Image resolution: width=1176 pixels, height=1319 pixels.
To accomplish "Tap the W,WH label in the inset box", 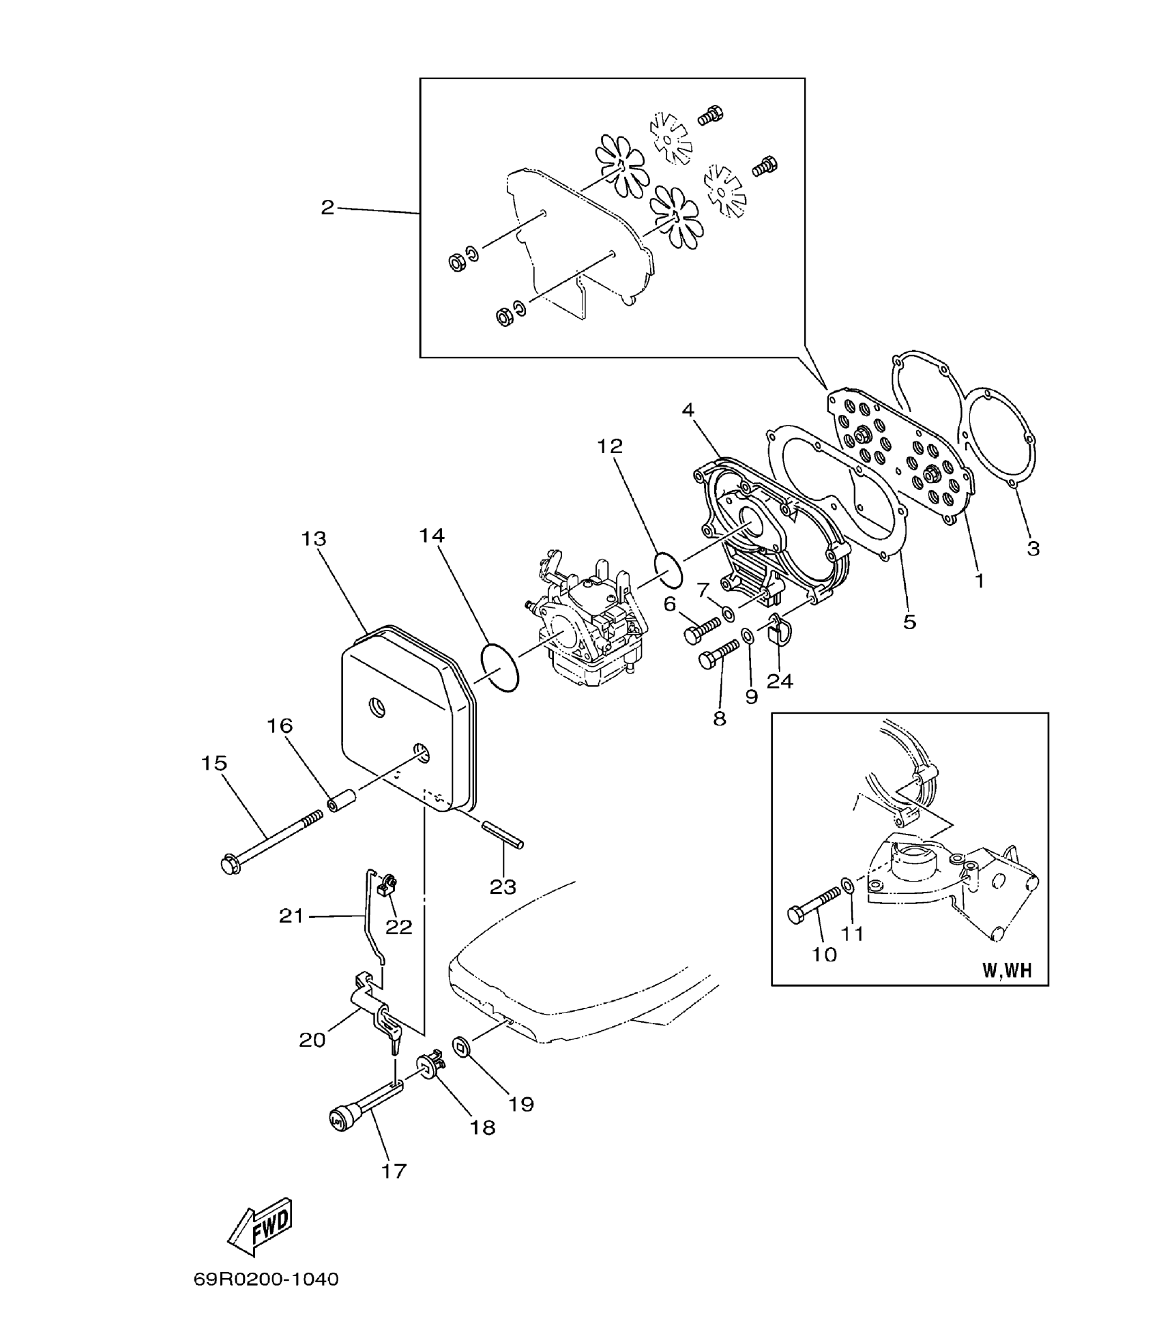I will click(1007, 971).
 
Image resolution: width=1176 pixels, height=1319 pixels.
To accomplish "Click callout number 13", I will click(314, 539).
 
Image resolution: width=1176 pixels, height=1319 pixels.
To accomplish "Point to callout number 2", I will click(328, 207).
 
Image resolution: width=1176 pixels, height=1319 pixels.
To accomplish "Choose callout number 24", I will click(780, 681).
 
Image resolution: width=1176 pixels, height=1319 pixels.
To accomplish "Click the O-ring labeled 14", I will click(500, 665).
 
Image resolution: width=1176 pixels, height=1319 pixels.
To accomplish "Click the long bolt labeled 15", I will click(273, 841).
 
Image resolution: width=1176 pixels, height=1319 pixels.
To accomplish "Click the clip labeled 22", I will click(387, 886).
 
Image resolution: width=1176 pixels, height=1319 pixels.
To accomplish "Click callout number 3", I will click(1033, 548).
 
